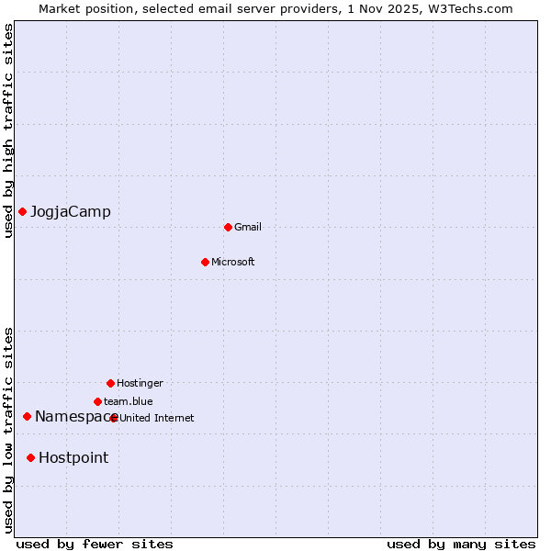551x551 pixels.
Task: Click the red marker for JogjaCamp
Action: [x=22, y=212]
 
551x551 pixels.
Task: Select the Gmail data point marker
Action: [x=228, y=227]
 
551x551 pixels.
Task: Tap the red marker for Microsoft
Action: [x=205, y=262]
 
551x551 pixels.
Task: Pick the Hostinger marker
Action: [x=110, y=383]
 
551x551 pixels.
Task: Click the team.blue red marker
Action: [x=97, y=401]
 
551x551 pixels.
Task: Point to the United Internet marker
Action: [x=114, y=418]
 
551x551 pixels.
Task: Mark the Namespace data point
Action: [x=27, y=417]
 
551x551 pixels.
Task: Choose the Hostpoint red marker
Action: [x=30, y=457]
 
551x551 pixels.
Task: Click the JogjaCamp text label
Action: [x=71, y=212]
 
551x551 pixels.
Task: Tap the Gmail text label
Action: [x=248, y=227]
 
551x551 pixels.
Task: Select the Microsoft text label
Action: [x=233, y=262]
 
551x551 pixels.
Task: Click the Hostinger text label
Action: [x=140, y=383]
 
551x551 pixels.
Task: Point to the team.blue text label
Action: [x=129, y=401]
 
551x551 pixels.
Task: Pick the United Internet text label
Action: [x=157, y=418]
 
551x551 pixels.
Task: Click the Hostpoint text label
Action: [x=73, y=457]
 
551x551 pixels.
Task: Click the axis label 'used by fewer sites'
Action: [x=95, y=544]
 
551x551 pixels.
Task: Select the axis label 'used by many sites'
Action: [x=461, y=544]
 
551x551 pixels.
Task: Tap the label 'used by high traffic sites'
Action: [x=8, y=130]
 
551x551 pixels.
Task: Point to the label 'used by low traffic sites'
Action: [x=8, y=430]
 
